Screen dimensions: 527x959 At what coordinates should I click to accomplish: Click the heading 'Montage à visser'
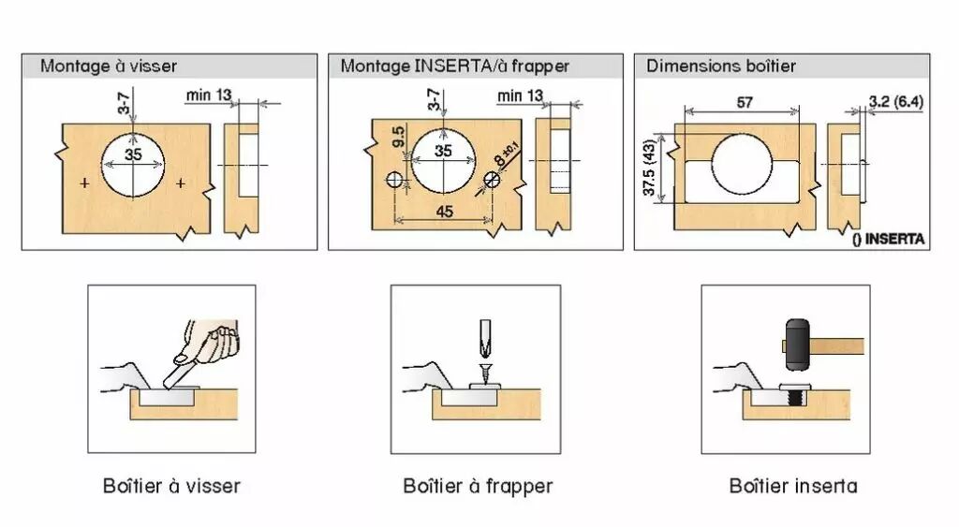click(x=109, y=66)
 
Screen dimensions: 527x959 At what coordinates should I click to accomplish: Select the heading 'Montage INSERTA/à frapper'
click(x=455, y=66)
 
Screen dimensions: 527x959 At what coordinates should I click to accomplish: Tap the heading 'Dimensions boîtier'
click(x=721, y=66)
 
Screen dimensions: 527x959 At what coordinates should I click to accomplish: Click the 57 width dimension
click(x=745, y=103)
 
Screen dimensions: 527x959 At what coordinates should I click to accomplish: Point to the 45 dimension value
click(x=444, y=212)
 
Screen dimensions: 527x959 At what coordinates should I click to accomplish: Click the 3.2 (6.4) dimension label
click(x=896, y=100)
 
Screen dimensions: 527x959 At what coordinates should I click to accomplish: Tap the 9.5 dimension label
click(x=398, y=139)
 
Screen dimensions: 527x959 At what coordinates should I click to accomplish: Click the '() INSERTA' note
click(x=889, y=239)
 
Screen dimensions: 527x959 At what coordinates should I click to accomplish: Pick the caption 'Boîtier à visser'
click(x=171, y=486)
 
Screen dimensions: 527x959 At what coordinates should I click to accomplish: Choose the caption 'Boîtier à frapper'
click(x=478, y=486)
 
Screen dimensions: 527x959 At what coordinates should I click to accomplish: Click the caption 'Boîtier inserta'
click(x=793, y=486)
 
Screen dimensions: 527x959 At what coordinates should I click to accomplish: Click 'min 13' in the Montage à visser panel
click(x=208, y=95)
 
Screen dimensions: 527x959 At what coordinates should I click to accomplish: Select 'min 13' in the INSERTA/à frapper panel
click(x=520, y=95)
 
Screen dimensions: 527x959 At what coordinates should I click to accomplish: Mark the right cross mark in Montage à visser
click(x=181, y=183)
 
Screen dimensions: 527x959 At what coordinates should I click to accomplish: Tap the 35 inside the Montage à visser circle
click(x=134, y=154)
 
